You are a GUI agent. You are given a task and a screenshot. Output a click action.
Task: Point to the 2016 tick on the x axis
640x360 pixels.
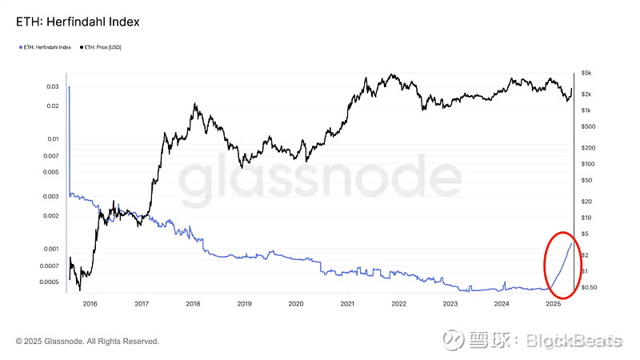pos(90,304)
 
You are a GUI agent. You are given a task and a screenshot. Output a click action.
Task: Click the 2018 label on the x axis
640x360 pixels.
pos(193,304)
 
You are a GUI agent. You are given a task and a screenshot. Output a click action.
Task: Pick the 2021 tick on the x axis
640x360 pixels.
pos(347,304)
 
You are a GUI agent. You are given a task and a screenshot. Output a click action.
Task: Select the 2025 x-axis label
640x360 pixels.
pos(553,304)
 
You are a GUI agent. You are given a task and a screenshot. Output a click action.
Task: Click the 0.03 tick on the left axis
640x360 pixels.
pos(53,86)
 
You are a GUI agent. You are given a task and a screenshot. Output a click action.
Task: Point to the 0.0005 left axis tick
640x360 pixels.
pos(50,282)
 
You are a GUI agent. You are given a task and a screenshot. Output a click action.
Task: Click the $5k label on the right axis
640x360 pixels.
pos(586,73)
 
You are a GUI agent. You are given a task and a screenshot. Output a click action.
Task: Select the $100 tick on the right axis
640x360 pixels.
pos(588,164)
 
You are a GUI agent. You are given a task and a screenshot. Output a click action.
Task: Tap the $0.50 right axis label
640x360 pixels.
pos(590,287)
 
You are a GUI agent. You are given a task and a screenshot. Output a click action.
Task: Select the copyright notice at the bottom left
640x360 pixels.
pos(87,342)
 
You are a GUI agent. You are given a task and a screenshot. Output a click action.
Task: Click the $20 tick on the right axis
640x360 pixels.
pos(586,202)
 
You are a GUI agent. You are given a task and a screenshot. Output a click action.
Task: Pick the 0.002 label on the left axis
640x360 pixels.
pos(51,216)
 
